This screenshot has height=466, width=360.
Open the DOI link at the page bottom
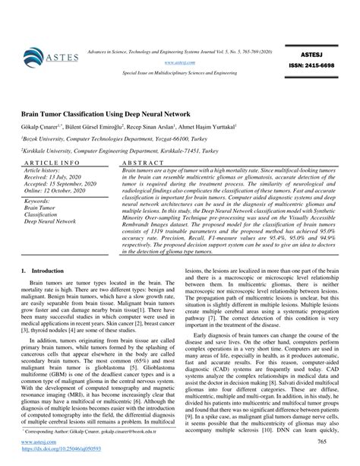coord(59,450)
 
